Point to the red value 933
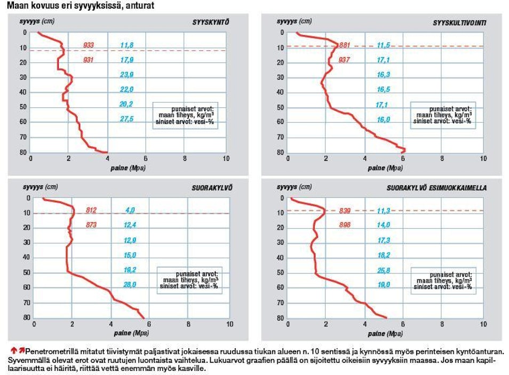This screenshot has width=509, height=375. (x=89, y=45)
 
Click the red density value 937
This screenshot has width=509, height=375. (x=344, y=60)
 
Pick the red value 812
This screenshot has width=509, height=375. (x=91, y=210)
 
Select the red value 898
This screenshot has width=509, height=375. (x=344, y=225)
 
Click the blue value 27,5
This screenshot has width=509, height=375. (x=127, y=119)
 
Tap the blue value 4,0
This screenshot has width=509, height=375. (x=130, y=210)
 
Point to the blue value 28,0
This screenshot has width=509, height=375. (x=130, y=284)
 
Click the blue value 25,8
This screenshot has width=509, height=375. (x=384, y=270)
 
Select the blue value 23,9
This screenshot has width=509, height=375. (x=127, y=74)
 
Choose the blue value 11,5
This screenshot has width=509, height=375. (x=384, y=45)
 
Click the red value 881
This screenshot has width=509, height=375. (x=344, y=45)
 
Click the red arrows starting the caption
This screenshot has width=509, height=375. (x=18, y=350)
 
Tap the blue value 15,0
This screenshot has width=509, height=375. (x=130, y=255)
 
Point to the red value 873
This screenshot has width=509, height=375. (x=91, y=225)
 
